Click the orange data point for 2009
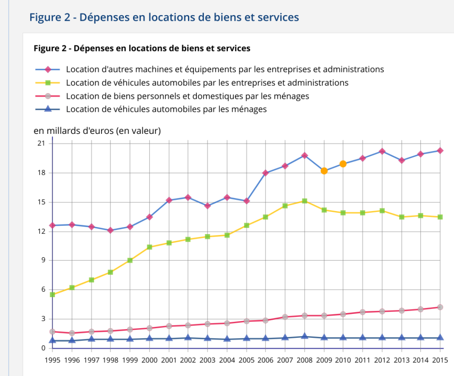point(324,171)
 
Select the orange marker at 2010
point(343,164)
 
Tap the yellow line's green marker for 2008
point(305,201)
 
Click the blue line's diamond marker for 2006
point(266,173)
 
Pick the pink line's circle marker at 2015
point(440,307)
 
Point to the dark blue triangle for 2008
point(305,337)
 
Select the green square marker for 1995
point(52,294)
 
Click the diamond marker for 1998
point(110,230)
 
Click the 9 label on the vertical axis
point(43,260)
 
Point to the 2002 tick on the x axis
point(188,360)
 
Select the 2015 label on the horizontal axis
point(440,360)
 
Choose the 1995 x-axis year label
point(52,360)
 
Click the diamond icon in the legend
point(49,70)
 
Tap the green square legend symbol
point(49,83)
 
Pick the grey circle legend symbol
point(49,96)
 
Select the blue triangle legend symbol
point(49,109)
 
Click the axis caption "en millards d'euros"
point(97,131)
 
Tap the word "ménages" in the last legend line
point(250,109)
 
